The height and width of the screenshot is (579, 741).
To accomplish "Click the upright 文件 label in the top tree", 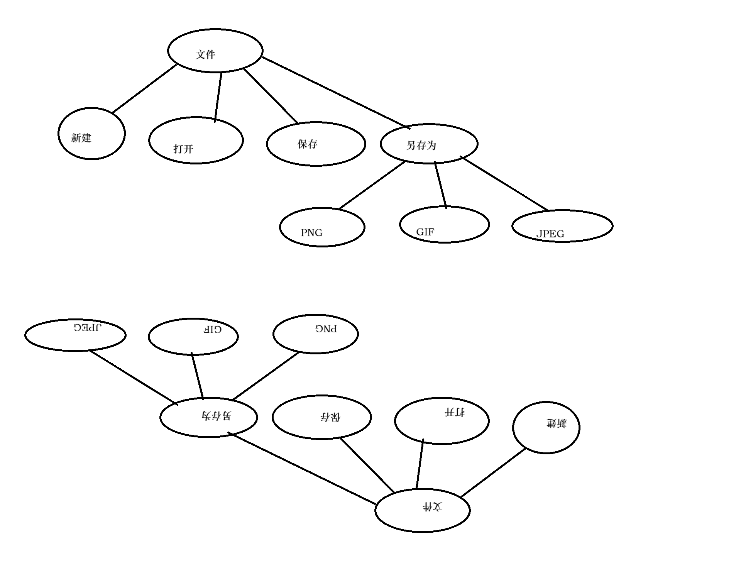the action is (x=205, y=54).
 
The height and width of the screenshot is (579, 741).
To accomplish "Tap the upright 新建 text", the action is (x=81, y=138).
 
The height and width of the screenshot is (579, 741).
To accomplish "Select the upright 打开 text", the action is (x=183, y=149).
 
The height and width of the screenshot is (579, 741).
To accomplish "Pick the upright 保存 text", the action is (x=307, y=144).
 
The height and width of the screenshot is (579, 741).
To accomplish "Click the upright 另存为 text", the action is (x=421, y=146).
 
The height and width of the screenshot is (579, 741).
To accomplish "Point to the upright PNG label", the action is (x=311, y=233).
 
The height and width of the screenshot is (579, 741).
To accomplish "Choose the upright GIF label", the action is (x=425, y=232).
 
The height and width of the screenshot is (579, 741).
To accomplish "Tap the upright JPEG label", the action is (x=550, y=234).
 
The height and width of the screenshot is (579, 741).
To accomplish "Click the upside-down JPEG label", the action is (x=87, y=328).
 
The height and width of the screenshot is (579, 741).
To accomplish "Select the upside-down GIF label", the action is (x=213, y=329).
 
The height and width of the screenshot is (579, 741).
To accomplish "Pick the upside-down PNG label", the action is (x=326, y=328).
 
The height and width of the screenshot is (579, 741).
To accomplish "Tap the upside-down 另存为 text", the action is (x=217, y=415).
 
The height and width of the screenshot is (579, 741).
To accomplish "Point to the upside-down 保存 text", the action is (x=330, y=417).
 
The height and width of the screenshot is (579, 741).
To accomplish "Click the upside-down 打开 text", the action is (x=455, y=412).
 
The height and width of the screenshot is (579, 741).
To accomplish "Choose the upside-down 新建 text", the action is (x=557, y=423).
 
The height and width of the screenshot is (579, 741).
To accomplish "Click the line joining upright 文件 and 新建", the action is (x=144, y=89).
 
